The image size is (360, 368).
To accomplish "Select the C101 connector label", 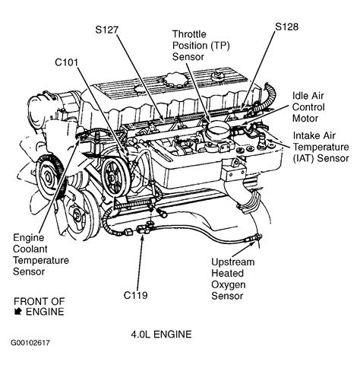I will pyautogui.click(x=68, y=62).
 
